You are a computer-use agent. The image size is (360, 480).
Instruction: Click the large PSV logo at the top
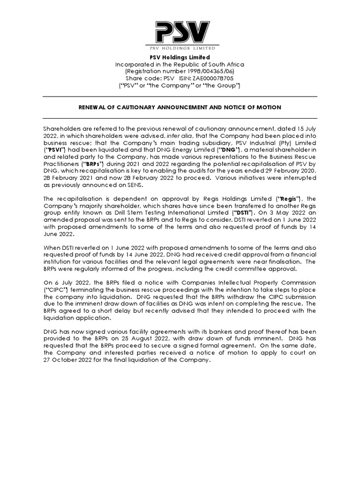[x=180, y=33]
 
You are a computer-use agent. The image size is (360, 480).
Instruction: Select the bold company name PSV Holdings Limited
[x=180, y=57]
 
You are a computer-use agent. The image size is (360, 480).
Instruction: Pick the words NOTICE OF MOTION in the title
[x=255, y=107]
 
